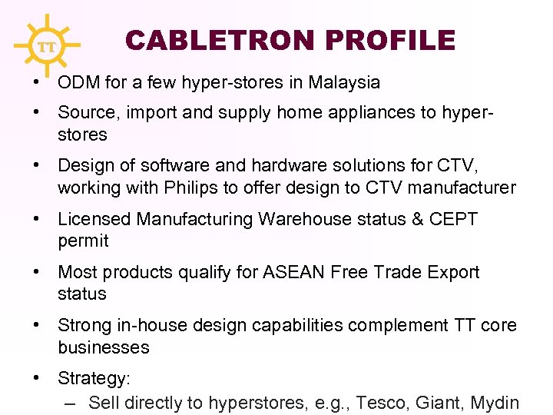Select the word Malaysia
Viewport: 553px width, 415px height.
[x=344, y=82]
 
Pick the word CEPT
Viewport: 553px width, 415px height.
[x=454, y=219]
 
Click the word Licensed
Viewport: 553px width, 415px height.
[x=94, y=219]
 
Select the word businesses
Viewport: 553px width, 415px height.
[x=104, y=347]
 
